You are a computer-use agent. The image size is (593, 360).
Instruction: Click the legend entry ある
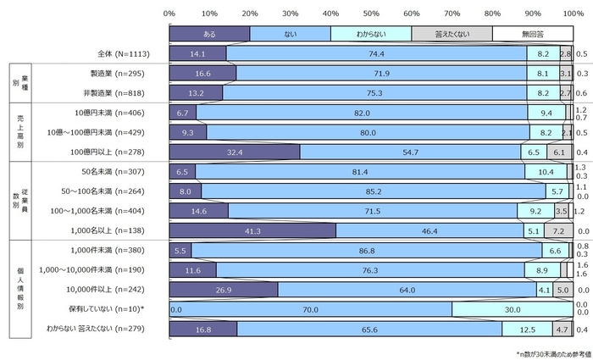pyautogui.click(x=209, y=33)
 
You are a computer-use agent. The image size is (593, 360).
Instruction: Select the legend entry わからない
pyautogui.click(x=370, y=33)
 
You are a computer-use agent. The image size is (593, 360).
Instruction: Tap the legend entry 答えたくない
pyautogui.click(x=452, y=33)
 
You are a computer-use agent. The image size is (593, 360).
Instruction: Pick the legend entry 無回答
pyautogui.click(x=532, y=33)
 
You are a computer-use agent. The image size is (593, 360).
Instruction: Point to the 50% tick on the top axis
pyautogui.click(x=370, y=14)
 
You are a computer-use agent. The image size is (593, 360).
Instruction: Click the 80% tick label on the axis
pyautogui.click(x=492, y=14)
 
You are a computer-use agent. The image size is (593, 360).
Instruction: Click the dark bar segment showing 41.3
pyautogui.click(x=252, y=230)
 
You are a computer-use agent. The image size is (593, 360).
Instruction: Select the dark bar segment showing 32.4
pyautogui.click(x=235, y=152)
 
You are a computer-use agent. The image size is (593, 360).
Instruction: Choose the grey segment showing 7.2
pyautogui.click(x=558, y=230)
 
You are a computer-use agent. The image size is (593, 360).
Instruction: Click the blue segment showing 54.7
pyautogui.click(x=410, y=152)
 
